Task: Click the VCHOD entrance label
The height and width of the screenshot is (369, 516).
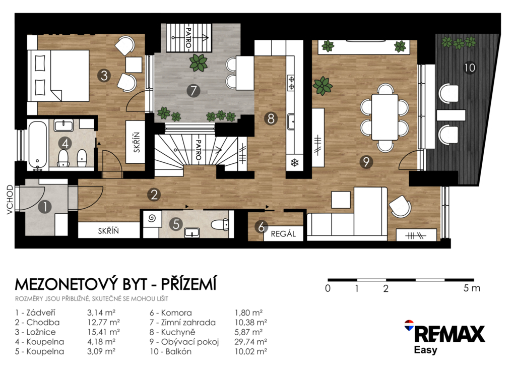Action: click(x=10, y=200)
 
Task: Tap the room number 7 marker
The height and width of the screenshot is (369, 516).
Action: click(x=193, y=91)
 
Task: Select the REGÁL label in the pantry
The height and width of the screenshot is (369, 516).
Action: click(x=283, y=234)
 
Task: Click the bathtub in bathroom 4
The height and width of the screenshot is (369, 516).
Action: click(x=37, y=145)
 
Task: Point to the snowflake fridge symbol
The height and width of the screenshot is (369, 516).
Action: click(x=294, y=163)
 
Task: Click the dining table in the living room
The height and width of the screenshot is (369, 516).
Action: click(x=384, y=117)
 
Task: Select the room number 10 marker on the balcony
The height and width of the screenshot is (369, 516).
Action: click(x=469, y=68)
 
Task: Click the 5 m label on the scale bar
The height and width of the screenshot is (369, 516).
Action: click(x=472, y=288)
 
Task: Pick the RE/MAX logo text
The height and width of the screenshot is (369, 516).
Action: click(x=449, y=334)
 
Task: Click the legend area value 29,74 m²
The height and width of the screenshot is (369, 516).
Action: click(x=250, y=342)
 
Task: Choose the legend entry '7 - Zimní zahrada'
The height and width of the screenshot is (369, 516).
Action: click(x=182, y=322)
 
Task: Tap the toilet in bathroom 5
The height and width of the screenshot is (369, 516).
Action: click(x=220, y=225)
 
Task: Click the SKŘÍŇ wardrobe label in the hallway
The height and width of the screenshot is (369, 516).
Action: click(x=108, y=231)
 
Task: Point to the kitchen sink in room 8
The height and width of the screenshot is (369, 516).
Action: click(x=291, y=122)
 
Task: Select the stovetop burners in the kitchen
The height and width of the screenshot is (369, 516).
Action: click(x=291, y=83)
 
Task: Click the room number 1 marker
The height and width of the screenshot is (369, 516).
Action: click(x=45, y=207)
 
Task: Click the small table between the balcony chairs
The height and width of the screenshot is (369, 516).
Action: click(x=451, y=115)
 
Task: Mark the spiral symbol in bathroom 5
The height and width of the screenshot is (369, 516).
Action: click(x=152, y=218)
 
